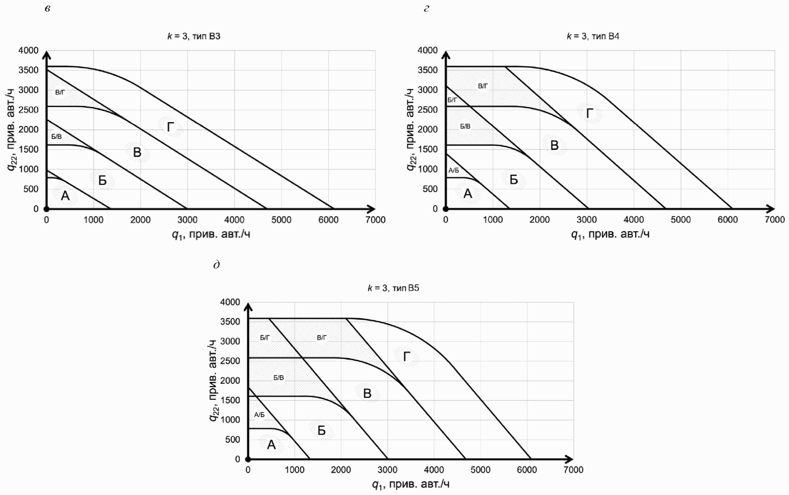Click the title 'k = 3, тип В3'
click(194, 36)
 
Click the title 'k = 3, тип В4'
click(593, 36)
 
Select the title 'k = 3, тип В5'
click(393, 288)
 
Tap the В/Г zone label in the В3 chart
click(60, 92)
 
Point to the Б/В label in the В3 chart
click(57, 137)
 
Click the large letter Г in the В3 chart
click(171, 127)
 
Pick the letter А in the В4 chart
click(468, 194)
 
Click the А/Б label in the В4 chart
click(454, 170)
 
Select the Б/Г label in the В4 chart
click(452, 100)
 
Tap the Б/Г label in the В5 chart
click(265, 338)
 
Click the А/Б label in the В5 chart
click(259, 415)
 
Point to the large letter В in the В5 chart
click(367, 394)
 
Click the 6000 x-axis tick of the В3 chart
click(328, 220)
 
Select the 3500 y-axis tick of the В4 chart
click(427, 70)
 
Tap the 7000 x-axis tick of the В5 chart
click(573, 470)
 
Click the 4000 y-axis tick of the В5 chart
click(230, 302)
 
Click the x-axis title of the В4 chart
click(610, 234)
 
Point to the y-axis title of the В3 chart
click(12, 129)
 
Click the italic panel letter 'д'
click(216, 265)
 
